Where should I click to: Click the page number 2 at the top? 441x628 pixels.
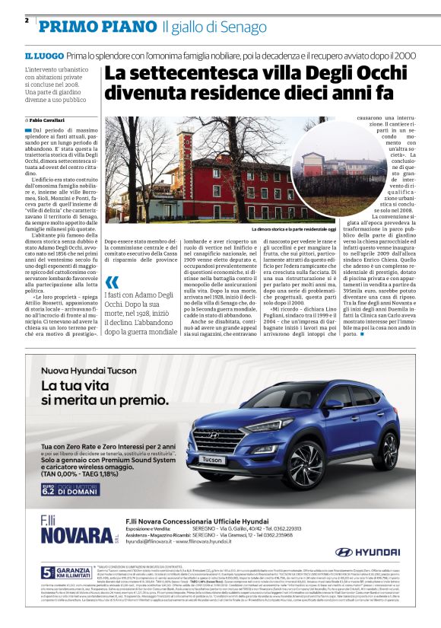[x=27, y=21]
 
